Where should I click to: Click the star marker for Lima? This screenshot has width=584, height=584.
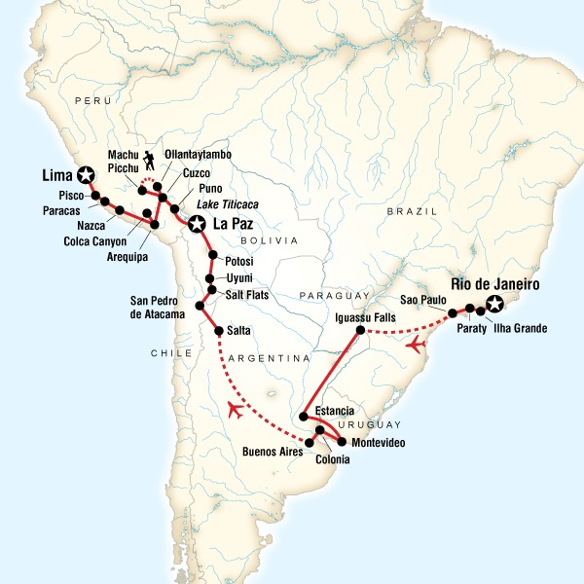click(x=87, y=175)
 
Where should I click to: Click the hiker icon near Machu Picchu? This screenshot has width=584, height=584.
click(x=149, y=159)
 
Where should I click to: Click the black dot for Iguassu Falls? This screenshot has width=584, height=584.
click(x=359, y=331)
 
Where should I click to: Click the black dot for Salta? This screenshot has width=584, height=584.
click(x=217, y=330)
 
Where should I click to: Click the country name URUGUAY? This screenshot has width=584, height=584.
click(x=374, y=424)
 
